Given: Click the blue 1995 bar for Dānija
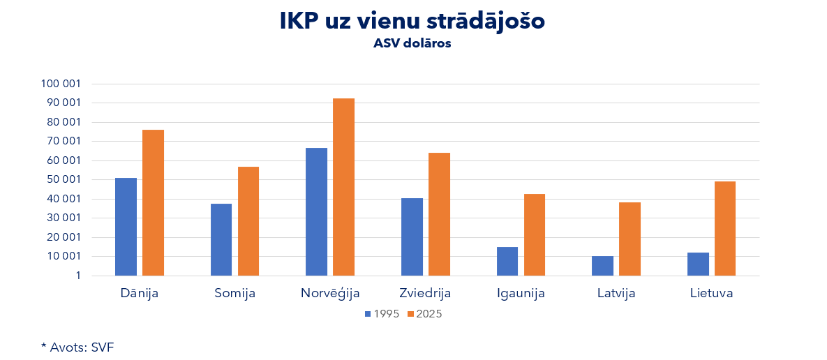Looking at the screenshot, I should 126,227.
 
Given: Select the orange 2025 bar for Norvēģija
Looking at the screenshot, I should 343,187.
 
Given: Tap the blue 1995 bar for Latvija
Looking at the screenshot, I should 602,266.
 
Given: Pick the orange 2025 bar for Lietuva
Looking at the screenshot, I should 724,228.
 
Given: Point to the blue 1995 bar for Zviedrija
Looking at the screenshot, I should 412,237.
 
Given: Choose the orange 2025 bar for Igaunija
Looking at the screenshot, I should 534,234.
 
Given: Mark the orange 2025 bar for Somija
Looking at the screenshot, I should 248,221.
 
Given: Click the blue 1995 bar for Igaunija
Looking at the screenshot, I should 507,261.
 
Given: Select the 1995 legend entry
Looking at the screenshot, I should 382,314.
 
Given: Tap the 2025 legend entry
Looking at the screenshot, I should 424,314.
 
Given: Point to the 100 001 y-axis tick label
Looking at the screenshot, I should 61,84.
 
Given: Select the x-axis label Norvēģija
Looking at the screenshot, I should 330,293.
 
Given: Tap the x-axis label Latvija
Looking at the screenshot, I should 616,293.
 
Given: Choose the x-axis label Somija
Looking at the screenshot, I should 234,293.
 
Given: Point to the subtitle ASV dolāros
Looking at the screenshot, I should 412,43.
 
